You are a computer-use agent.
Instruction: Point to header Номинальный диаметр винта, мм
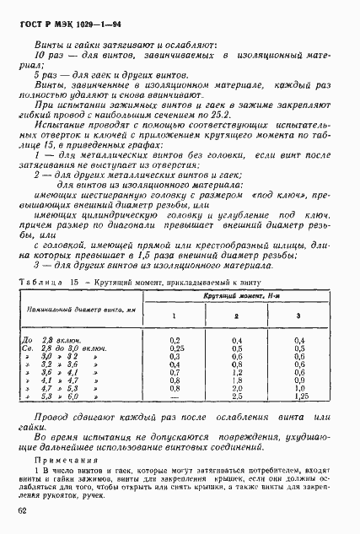click(x=73, y=310)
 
